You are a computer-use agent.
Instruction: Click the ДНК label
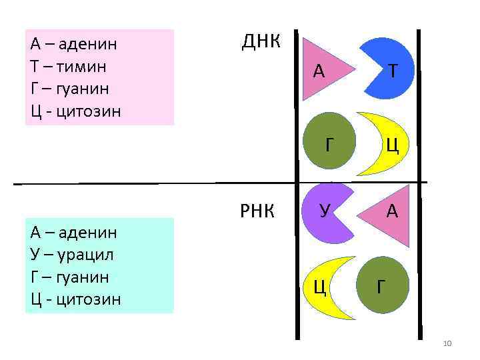click(261, 42)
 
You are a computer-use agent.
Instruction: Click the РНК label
click(257, 212)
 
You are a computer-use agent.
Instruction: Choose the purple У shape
click(326, 212)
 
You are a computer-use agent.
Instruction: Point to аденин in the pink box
click(87, 45)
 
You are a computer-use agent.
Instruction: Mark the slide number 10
click(447, 343)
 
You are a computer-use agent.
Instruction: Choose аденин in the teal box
click(87, 233)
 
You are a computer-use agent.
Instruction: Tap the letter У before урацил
click(35, 255)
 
